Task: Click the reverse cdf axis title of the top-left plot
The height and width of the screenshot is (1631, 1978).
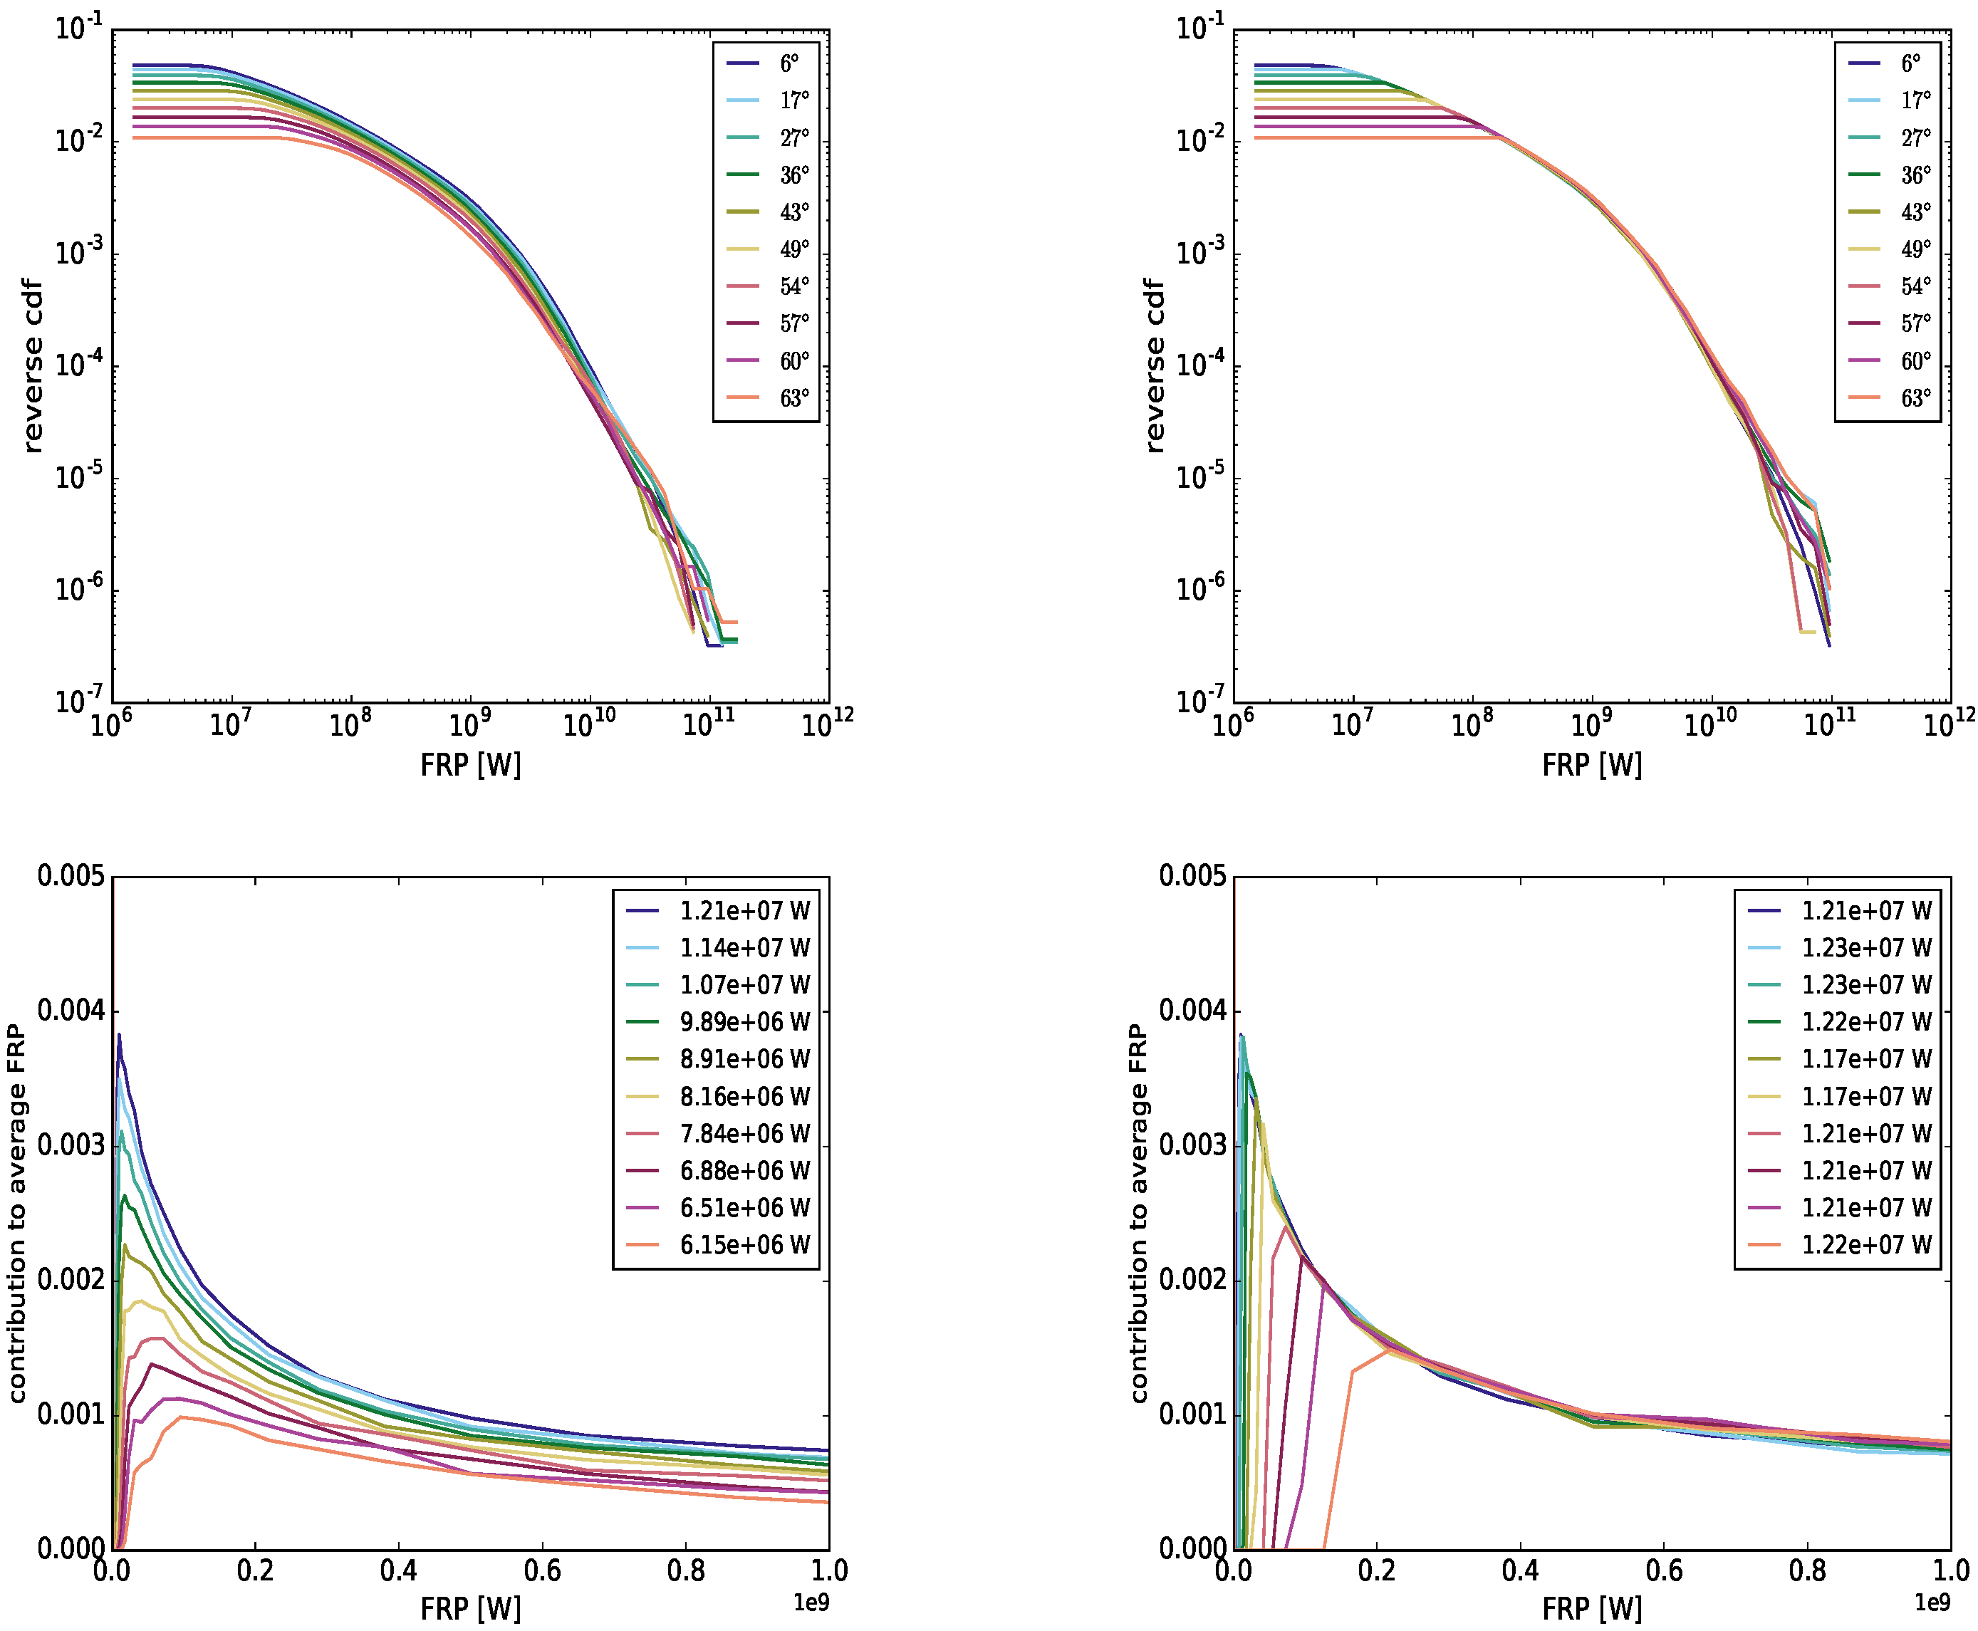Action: (33, 366)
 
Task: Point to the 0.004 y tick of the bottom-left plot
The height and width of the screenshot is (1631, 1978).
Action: (71, 1012)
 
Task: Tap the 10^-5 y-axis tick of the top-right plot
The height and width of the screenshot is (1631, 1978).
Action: (1199, 477)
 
